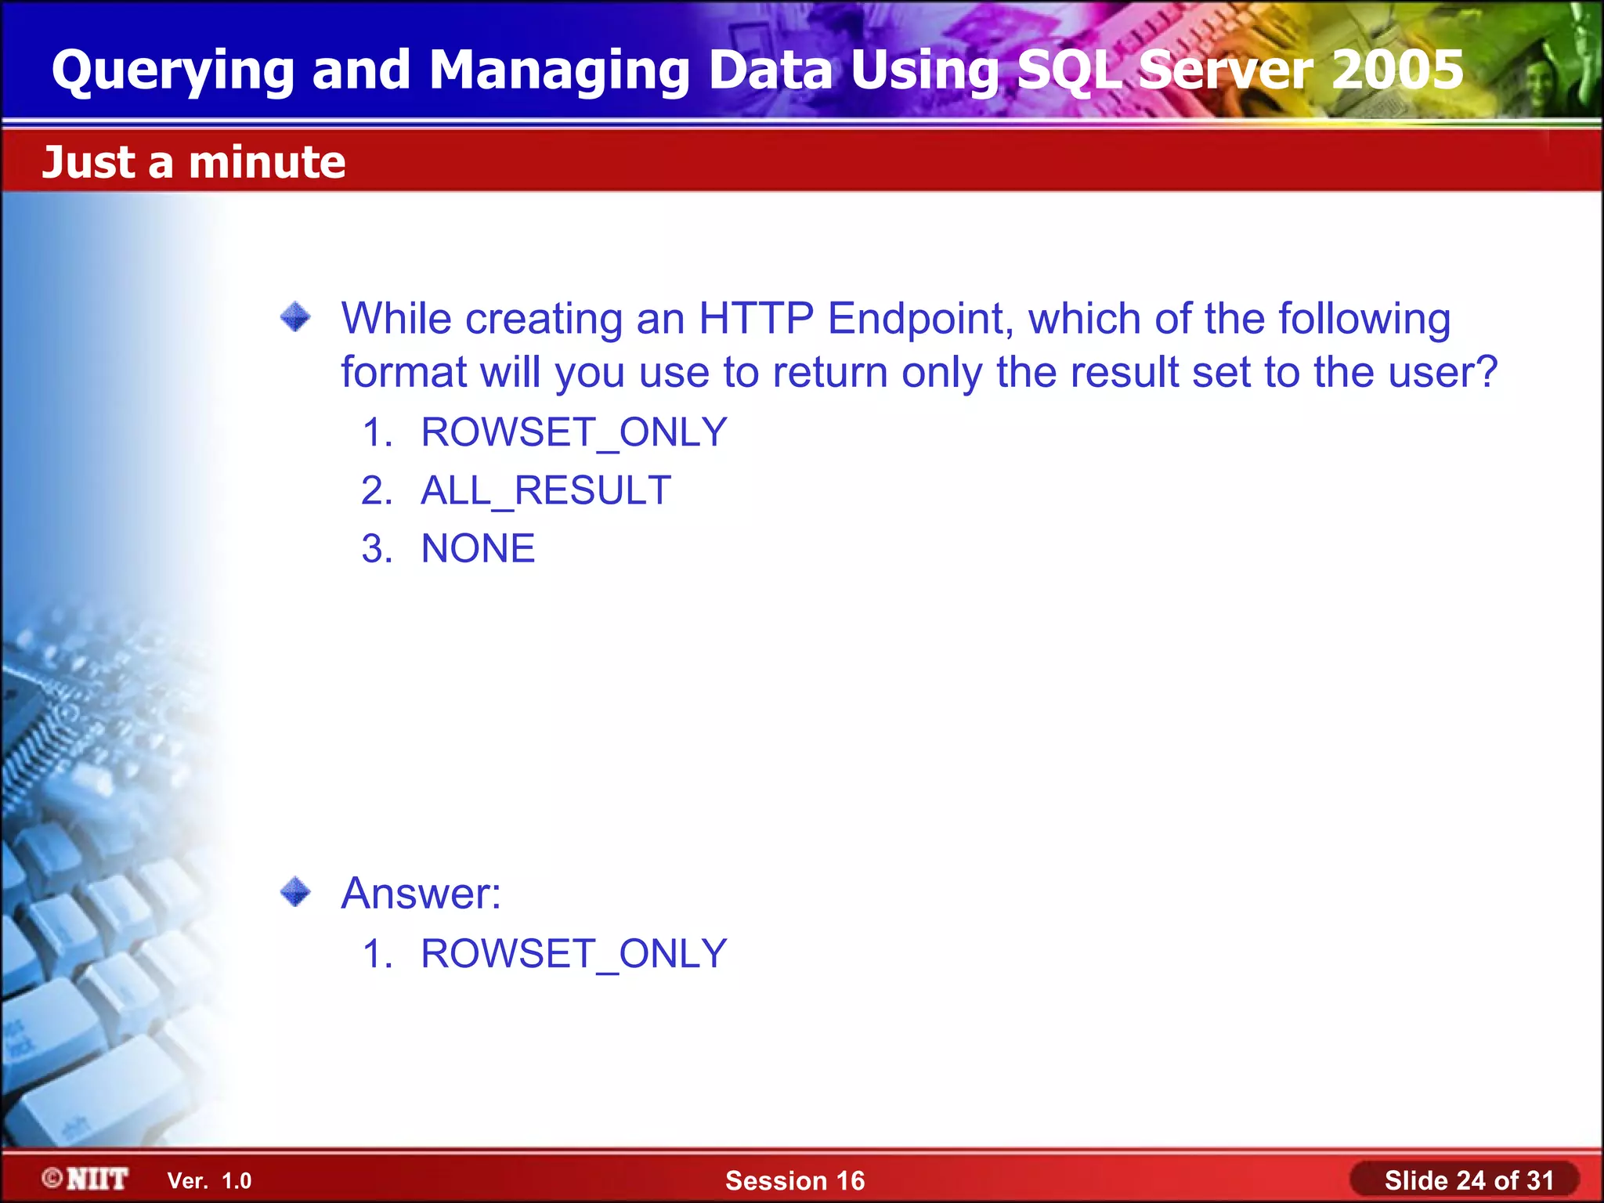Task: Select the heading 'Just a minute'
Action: click(x=193, y=162)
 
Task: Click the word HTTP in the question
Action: click(x=756, y=319)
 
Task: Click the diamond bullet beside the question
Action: click(x=295, y=317)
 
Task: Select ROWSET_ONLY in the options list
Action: click(x=574, y=432)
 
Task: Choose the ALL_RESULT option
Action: click(x=546, y=490)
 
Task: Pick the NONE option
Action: click(x=478, y=548)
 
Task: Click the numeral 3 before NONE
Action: click(x=377, y=548)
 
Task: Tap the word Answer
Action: click(x=421, y=893)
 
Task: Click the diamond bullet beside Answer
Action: click(x=295, y=891)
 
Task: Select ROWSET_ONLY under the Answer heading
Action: click(x=574, y=954)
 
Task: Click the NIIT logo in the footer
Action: click(x=86, y=1179)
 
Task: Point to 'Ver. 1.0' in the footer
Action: click(x=209, y=1181)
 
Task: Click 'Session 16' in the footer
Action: click(x=795, y=1180)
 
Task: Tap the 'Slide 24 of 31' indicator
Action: click(x=1469, y=1180)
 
